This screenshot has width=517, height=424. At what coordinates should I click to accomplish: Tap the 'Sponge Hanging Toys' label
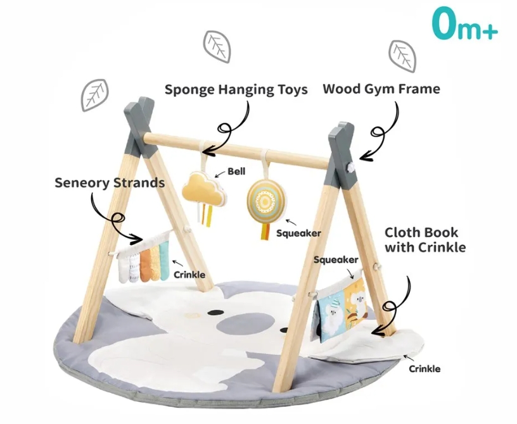236,89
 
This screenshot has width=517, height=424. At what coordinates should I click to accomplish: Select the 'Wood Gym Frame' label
381,89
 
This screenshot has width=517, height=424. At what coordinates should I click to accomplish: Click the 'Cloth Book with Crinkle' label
424,239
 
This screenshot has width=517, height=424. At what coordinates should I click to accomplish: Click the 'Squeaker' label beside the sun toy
298,233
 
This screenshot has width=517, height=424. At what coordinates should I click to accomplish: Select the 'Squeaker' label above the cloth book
336,259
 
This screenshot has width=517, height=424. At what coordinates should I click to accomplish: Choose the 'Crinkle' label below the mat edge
424,368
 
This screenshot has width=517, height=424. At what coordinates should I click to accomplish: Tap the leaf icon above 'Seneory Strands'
94,93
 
